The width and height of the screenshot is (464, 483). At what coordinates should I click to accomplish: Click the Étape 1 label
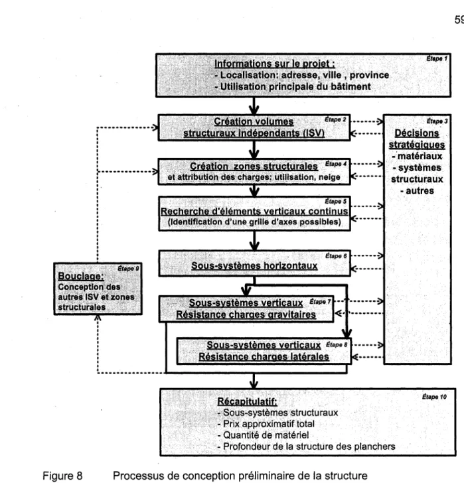(x=437, y=58)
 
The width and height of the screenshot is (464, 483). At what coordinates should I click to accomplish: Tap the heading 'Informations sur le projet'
(x=275, y=64)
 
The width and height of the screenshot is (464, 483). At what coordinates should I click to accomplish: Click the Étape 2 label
(x=335, y=119)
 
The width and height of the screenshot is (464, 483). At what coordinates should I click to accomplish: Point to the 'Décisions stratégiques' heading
(x=417, y=139)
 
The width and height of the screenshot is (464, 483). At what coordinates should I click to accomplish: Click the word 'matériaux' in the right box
(x=420, y=156)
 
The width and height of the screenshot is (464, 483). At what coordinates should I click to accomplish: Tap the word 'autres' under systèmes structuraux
(x=420, y=190)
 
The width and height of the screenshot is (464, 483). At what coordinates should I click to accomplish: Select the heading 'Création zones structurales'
(x=254, y=167)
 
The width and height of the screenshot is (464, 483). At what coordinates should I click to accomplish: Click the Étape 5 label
(x=335, y=202)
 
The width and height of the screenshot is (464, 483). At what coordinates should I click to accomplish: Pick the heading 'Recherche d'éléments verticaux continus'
(x=254, y=211)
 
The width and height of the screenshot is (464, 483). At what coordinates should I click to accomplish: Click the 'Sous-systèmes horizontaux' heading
(x=254, y=265)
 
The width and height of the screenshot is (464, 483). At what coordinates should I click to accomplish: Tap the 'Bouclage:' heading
(x=81, y=276)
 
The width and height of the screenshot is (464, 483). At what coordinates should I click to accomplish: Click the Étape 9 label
(x=128, y=269)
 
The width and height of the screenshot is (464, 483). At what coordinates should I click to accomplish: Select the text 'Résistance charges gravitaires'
(x=246, y=314)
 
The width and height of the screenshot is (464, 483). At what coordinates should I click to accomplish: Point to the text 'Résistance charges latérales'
(x=264, y=357)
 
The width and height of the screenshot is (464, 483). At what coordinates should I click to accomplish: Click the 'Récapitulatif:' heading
(x=247, y=401)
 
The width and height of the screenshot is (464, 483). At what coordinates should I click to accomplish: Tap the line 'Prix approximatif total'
(x=266, y=424)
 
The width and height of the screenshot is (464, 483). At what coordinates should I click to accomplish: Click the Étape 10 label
(x=434, y=397)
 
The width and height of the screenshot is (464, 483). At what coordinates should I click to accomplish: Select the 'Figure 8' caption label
(x=62, y=476)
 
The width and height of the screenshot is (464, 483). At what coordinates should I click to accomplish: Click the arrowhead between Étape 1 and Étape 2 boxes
(x=254, y=109)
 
